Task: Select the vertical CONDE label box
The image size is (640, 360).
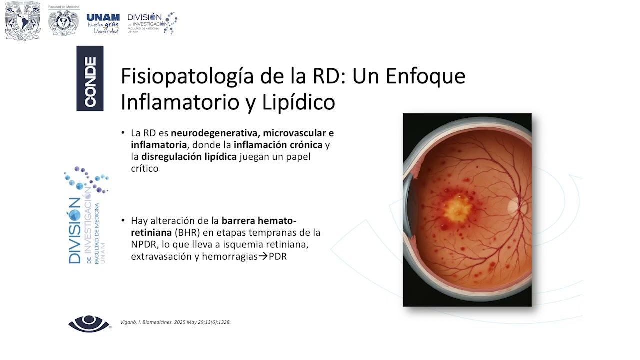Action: click(x=90, y=78)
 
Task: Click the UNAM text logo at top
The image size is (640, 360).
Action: click(x=103, y=23)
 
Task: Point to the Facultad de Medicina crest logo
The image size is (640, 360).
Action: click(x=63, y=23)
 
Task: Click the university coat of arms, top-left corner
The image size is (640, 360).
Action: click(x=22, y=23)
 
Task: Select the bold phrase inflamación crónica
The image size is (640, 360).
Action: click(x=278, y=145)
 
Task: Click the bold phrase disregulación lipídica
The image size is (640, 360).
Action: click(x=189, y=157)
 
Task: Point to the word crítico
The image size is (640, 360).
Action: click(x=145, y=169)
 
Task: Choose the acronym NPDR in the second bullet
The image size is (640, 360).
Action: click(x=143, y=245)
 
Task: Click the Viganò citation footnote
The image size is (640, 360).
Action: click(x=175, y=322)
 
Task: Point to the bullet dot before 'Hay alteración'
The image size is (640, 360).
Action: click(x=123, y=221)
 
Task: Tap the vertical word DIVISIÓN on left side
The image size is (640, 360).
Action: click(x=75, y=230)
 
